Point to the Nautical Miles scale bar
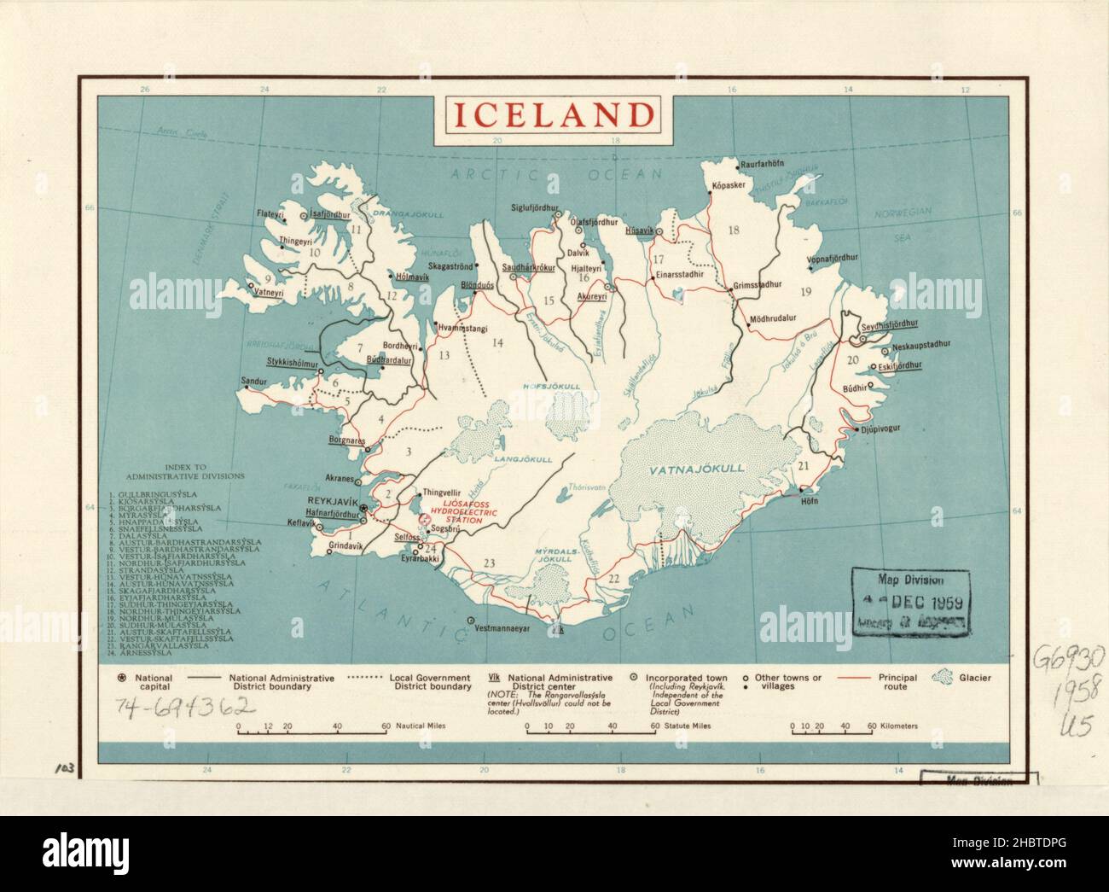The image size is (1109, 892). pyautogui.click(x=313, y=727)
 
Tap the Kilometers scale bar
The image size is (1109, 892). pyautogui.click(x=832, y=727)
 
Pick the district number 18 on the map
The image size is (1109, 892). pyautogui.click(x=733, y=229)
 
